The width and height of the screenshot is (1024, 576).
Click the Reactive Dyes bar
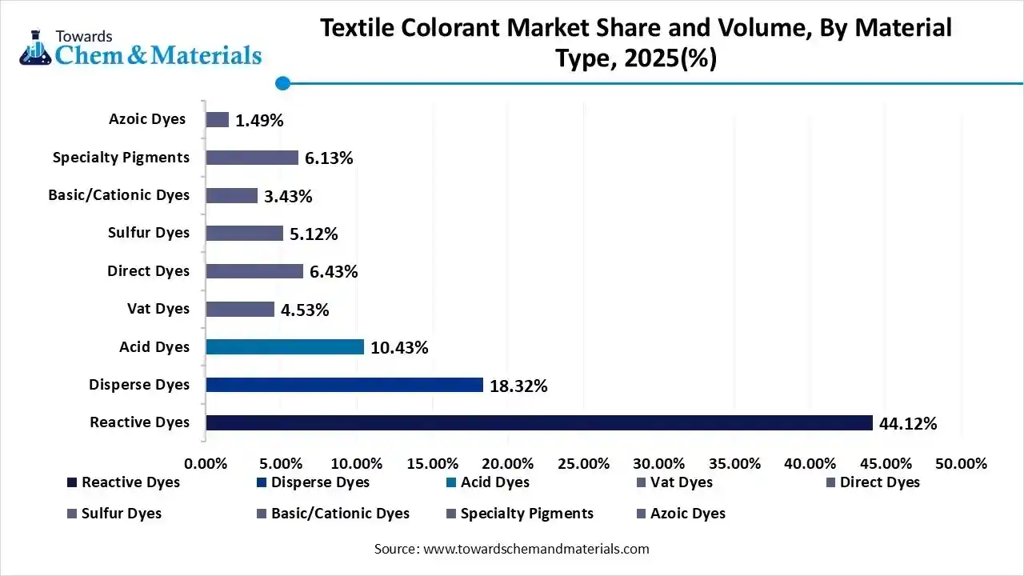[x=538, y=422]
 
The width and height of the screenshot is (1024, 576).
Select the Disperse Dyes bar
[x=344, y=385]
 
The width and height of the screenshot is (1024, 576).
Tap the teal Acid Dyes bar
[x=285, y=346]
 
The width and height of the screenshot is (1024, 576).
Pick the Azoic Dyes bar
[x=217, y=120]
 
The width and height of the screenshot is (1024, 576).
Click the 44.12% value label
[x=907, y=424]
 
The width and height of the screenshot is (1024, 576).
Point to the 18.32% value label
[x=518, y=386]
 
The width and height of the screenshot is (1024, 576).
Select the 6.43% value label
[x=333, y=272]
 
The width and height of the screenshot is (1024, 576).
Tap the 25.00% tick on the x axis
[x=583, y=464]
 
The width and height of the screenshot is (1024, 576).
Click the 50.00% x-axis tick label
[x=961, y=464]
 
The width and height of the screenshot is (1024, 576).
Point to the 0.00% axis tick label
[x=206, y=464]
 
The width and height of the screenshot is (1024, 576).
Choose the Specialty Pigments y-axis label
[x=121, y=158]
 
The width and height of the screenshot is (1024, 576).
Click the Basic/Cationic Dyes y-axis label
[x=118, y=195]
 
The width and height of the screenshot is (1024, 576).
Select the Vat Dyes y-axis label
[x=158, y=309]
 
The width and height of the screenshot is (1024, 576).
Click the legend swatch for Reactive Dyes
[x=72, y=482]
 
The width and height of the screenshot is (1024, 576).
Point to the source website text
[x=511, y=549]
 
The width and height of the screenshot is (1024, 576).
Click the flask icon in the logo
[x=35, y=50]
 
